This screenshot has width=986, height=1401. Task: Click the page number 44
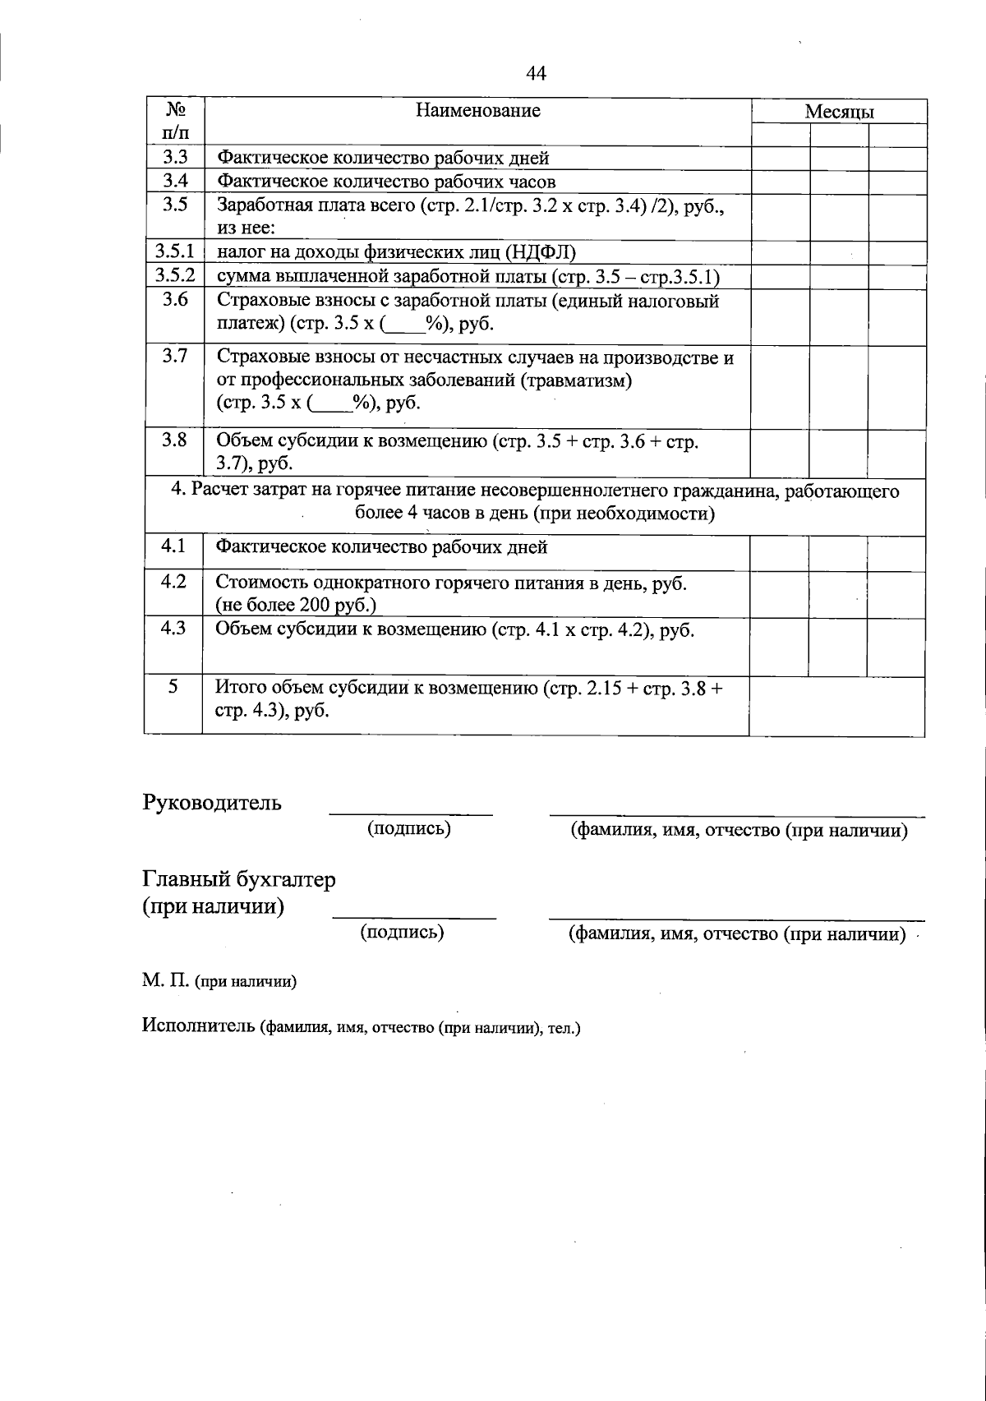(535, 74)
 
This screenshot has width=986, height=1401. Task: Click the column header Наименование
(477, 110)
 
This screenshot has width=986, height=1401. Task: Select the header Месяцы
(839, 112)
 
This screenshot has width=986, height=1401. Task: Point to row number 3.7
(174, 356)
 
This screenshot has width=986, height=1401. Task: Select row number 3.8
(174, 440)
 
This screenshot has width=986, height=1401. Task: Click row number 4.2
(174, 582)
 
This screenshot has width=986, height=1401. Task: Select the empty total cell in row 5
(836, 706)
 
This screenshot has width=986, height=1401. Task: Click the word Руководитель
(212, 803)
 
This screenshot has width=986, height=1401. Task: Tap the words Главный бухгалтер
(239, 879)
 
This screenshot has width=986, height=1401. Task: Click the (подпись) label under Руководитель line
(409, 828)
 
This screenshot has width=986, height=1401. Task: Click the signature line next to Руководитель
(410, 814)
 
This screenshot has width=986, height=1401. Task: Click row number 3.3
(174, 158)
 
